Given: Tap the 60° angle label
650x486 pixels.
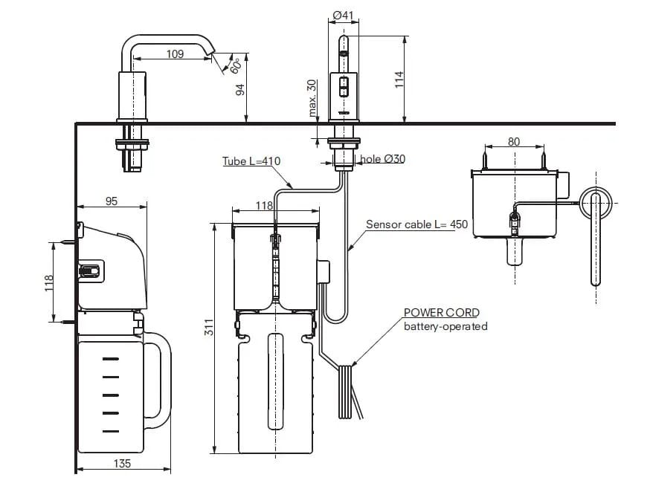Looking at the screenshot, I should point(236,65).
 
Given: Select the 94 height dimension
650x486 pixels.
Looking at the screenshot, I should point(240,90).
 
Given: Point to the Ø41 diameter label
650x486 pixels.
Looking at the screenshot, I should point(342,14).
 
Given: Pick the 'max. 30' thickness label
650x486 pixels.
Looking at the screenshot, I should point(312,99).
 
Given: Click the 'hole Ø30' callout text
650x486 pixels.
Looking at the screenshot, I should point(384,158).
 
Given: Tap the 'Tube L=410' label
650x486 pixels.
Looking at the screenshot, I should point(251,161).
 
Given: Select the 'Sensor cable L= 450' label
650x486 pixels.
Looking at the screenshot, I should point(416,224).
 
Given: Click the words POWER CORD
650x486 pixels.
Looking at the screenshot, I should point(441,313).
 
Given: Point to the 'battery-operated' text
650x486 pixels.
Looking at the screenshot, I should point(445,326).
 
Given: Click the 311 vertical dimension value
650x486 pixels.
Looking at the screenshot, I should point(209,328).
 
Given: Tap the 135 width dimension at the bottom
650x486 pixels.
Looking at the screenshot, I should point(123,463).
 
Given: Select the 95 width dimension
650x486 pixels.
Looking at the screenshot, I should point(112,201).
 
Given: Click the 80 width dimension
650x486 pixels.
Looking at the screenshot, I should point(514,141).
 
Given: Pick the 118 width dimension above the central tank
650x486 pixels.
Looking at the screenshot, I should point(263,206).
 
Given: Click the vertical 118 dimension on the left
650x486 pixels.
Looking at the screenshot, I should point(48,282).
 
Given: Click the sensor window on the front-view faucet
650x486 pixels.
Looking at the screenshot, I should point(343,87).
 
